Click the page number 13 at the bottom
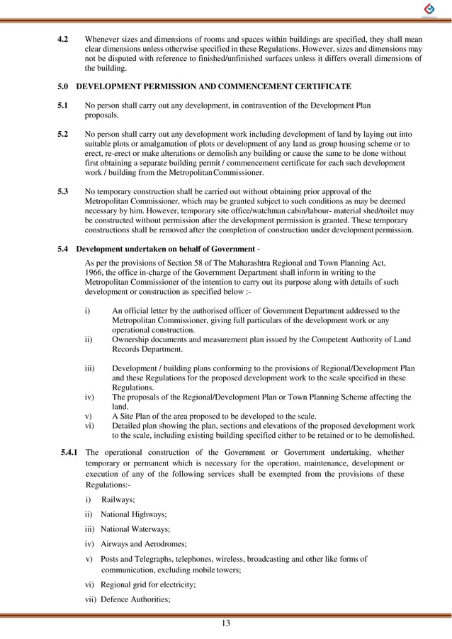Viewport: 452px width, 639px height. pos(226,623)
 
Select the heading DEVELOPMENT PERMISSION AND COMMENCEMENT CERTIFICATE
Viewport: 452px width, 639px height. pos(213,86)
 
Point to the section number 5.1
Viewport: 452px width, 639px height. pos(62,105)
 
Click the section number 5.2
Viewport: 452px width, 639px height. pos(62,133)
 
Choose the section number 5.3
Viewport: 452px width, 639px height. pos(62,191)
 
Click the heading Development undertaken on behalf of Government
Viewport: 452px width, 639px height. pos(165,249)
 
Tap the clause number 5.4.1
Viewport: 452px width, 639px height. pos(72,452)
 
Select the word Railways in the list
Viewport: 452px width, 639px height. pos(118,499)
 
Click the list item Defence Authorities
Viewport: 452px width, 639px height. pos(138,599)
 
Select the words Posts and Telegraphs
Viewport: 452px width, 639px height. pos(137,559)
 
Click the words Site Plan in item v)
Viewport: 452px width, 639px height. pos(136,416)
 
